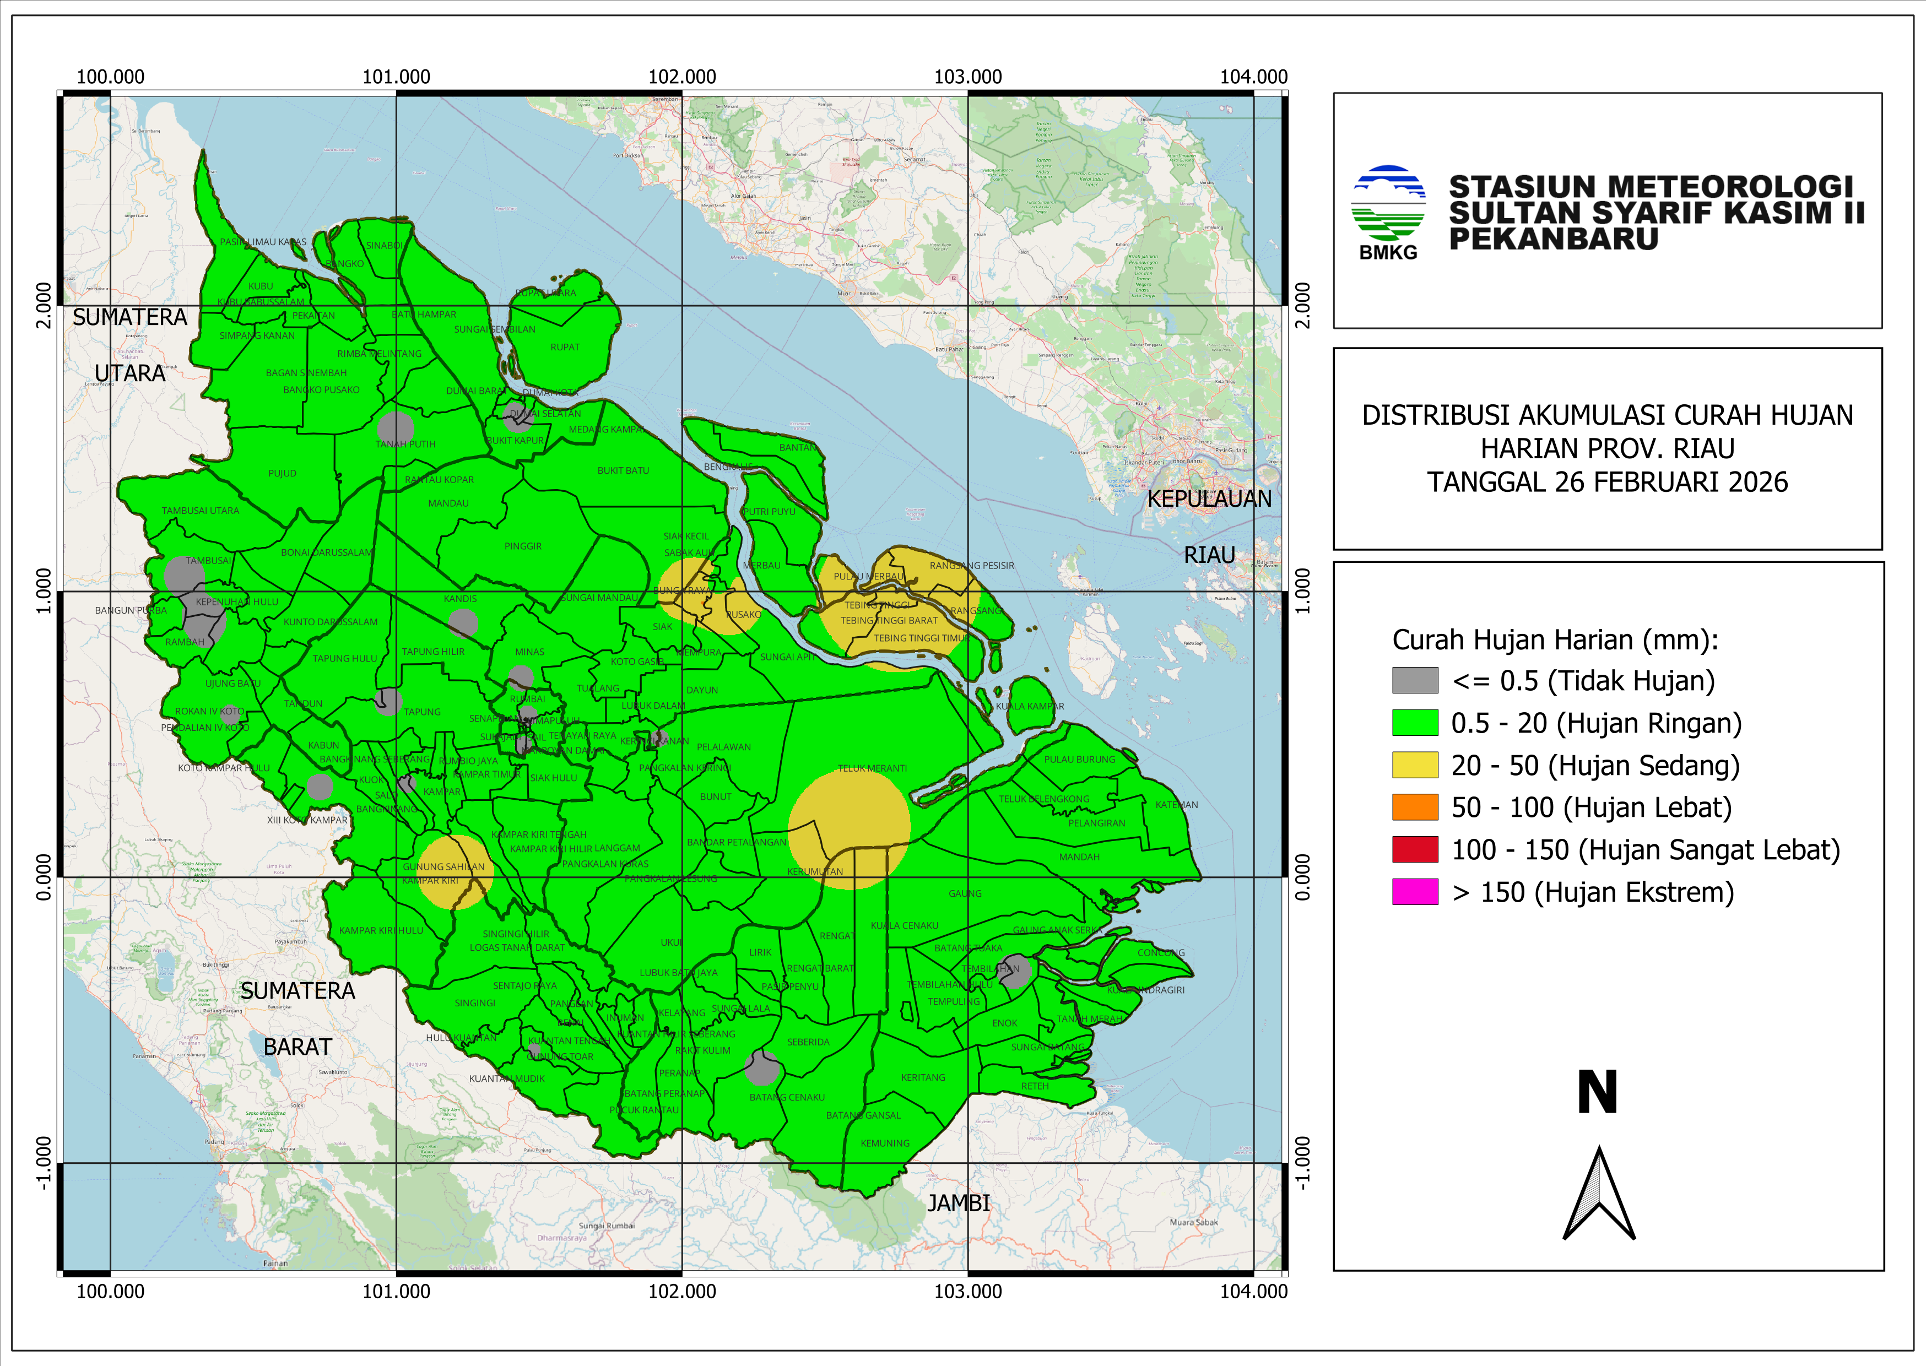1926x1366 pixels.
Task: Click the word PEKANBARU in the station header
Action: tap(1552, 239)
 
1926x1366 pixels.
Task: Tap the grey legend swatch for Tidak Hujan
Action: tap(1415, 680)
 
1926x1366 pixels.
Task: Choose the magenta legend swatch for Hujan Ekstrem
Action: tap(1415, 892)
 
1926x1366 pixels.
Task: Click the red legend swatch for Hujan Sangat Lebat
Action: tap(1415, 849)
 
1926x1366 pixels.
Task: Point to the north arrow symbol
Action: tap(1598, 1194)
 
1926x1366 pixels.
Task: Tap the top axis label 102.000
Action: tap(681, 77)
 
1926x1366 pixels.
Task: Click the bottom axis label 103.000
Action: tap(967, 1291)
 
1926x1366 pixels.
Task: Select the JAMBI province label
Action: tap(958, 1204)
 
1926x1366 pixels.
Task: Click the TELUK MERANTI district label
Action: tap(872, 768)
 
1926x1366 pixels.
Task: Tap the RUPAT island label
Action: tap(564, 346)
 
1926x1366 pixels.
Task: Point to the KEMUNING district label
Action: tap(885, 1143)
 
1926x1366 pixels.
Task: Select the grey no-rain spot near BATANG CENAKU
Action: tap(762, 1068)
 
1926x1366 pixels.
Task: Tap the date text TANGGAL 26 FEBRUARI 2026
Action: tap(1606, 482)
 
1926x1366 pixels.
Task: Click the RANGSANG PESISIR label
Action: tap(971, 565)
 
